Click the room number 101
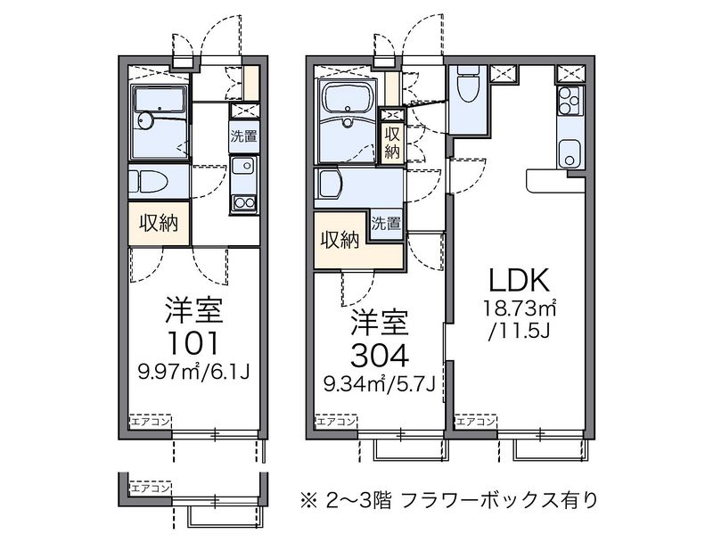coord(193,343)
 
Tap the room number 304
coord(379,356)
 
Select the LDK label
coord(519,280)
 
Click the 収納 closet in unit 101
coord(159,223)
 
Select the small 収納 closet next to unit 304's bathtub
coord(392,143)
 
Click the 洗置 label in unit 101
coord(243,136)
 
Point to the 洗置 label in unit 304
coord(387,223)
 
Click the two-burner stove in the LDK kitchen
coord(569,101)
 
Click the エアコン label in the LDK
coord(475,422)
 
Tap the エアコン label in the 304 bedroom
coord(336,422)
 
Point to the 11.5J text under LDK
coord(520,333)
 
